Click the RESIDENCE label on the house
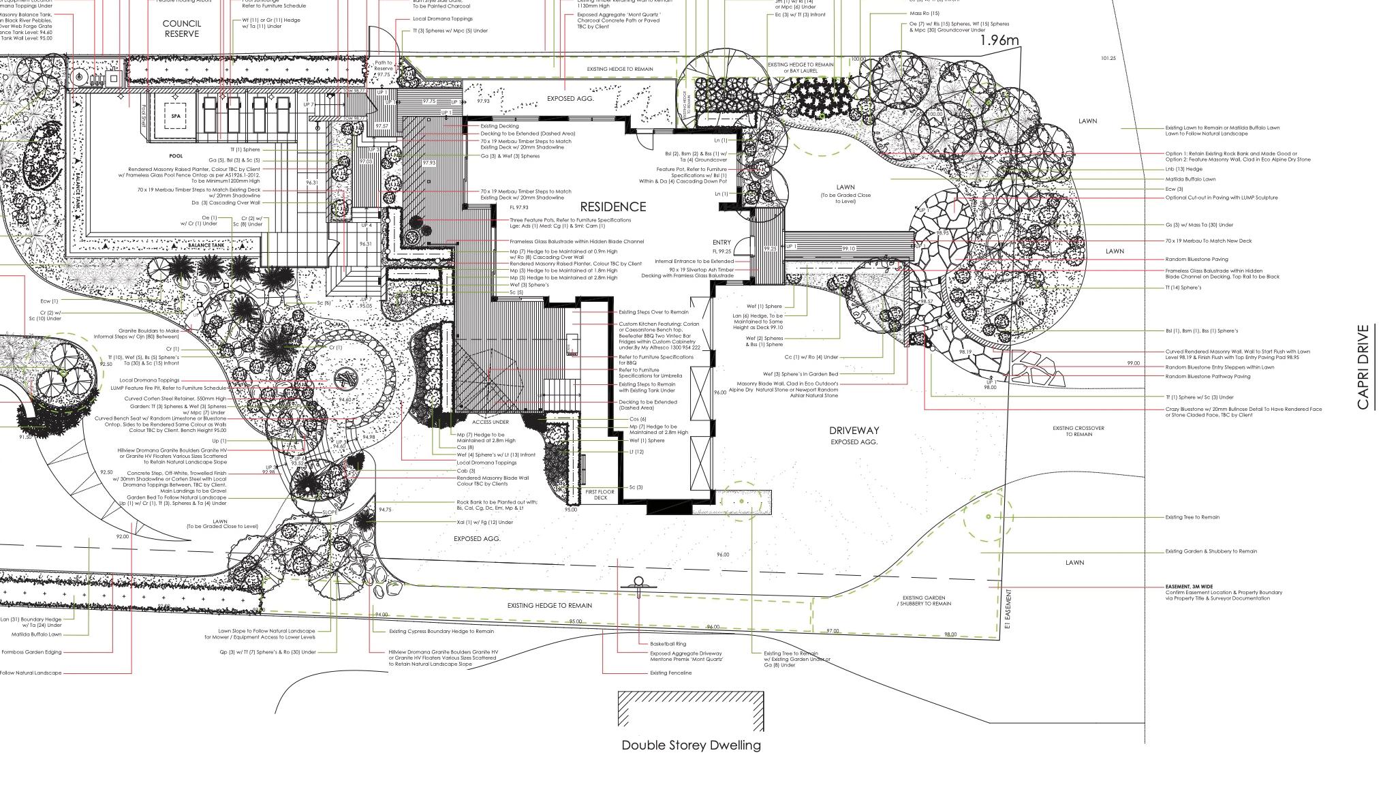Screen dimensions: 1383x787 (x=612, y=206)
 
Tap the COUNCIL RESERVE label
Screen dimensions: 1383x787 (x=182, y=29)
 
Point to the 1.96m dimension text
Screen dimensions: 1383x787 (x=999, y=41)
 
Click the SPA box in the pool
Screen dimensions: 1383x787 (x=176, y=116)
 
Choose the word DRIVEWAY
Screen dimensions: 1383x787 (x=854, y=430)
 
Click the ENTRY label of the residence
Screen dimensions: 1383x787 (x=721, y=242)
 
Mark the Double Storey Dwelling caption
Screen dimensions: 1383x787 (x=691, y=745)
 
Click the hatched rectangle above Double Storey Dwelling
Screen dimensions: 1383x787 (x=691, y=709)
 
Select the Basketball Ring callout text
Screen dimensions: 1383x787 (x=668, y=643)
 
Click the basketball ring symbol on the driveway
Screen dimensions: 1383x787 (x=638, y=583)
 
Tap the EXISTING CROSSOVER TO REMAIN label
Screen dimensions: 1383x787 (x=1078, y=431)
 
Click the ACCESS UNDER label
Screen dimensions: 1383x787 (x=491, y=422)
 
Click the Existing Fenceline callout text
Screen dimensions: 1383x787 (x=670, y=673)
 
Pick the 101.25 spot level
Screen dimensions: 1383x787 (x=1108, y=59)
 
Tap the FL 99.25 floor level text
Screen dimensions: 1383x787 (x=722, y=251)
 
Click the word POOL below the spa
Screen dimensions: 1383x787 (x=176, y=156)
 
